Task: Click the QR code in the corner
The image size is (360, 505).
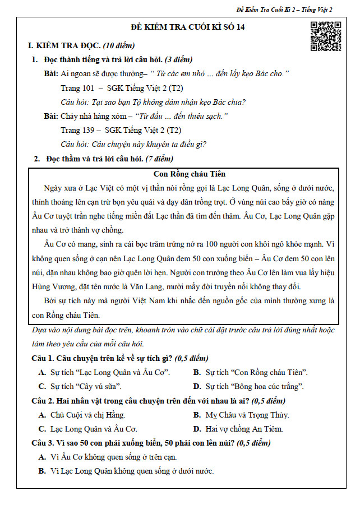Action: (x=325, y=36)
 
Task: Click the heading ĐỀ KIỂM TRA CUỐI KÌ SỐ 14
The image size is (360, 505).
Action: (x=179, y=28)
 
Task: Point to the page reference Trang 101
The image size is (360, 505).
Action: (x=76, y=88)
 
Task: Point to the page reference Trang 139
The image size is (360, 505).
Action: (x=76, y=130)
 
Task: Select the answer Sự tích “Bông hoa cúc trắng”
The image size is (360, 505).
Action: (x=255, y=387)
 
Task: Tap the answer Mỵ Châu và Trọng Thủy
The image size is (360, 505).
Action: (x=247, y=415)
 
